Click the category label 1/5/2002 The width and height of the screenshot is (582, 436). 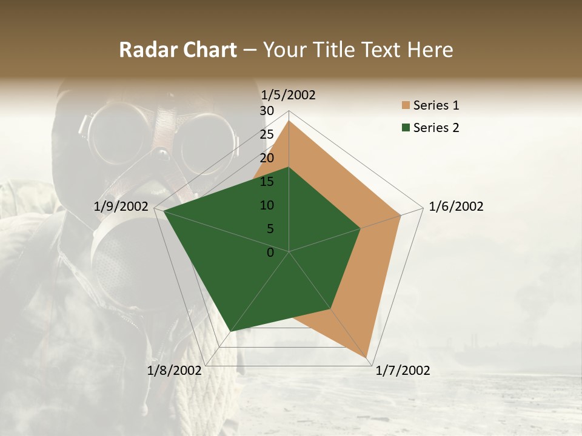pos(289,94)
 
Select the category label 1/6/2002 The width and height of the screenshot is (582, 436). pos(456,206)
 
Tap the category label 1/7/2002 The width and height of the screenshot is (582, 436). pos(403,371)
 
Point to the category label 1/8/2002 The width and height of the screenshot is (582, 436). pos(174,371)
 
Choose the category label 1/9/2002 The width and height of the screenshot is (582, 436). pos(121,206)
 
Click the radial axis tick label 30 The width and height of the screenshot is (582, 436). pos(267,111)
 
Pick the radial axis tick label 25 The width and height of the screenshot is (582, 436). pos(267,134)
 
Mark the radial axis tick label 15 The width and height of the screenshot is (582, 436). pos(267,182)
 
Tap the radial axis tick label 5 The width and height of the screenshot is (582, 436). pos(270,229)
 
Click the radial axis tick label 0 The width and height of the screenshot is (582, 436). pos(270,253)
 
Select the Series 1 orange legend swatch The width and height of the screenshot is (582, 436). pos(406,105)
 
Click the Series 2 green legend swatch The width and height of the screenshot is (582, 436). pos(406,128)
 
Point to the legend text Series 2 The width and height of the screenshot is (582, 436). pos(436,128)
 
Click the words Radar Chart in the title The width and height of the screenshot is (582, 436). pos(178,50)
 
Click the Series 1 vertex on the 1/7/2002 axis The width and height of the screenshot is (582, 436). pos(367,358)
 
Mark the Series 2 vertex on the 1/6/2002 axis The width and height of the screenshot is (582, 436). pos(361,228)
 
